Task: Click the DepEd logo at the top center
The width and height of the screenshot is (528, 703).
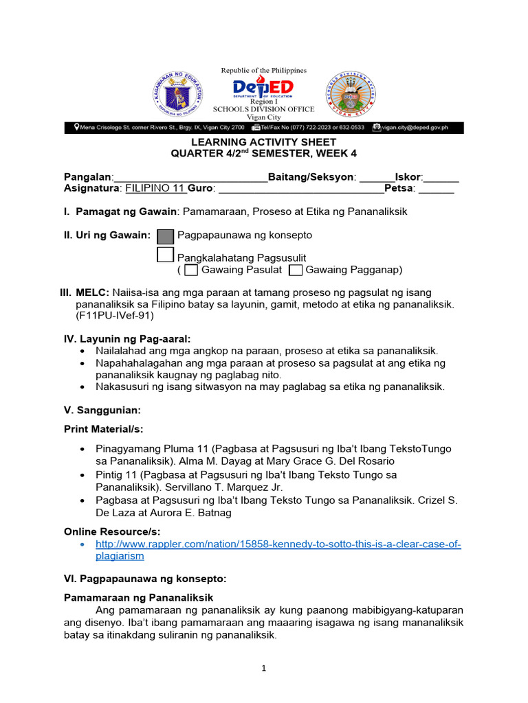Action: [x=263, y=88]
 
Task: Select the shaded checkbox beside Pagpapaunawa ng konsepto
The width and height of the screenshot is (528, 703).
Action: [x=165, y=236]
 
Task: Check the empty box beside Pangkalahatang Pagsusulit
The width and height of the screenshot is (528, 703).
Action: [x=165, y=255]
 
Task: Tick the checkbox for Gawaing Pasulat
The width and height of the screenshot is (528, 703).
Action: [x=191, y=270]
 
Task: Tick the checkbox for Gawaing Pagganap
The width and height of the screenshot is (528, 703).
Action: [x=296, y=270]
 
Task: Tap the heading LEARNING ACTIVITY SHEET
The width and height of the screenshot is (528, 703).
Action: [x=264, y=142]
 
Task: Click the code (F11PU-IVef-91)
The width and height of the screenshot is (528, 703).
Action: [x=114, y=316]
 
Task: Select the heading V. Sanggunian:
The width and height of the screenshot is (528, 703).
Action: [x=102, y=410]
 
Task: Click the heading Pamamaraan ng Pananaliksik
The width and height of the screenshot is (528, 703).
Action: [x=138, y=597]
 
